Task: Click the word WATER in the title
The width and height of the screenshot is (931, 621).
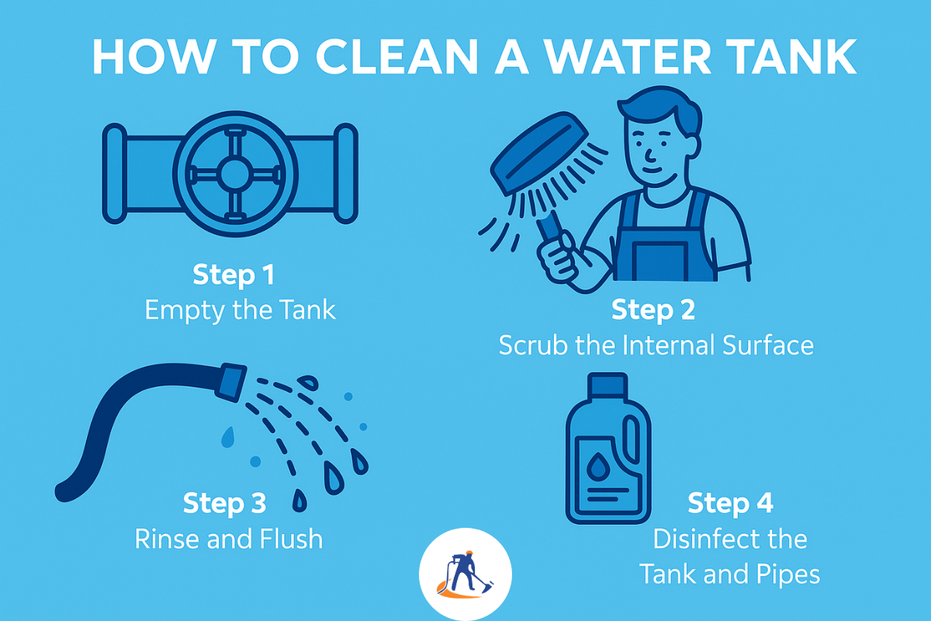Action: click(x=627, y=57)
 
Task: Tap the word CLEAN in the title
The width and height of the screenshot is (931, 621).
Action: click(x=397, y=57)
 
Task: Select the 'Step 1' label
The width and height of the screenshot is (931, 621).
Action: click(x=234, y=275)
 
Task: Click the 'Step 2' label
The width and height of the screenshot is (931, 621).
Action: click(x=653, y=310)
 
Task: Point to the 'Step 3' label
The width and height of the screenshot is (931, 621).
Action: click(x=224, y=503)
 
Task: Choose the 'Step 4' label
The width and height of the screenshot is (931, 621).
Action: click(x=730, y=503)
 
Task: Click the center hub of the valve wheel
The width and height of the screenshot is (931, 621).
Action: click(x=235, y=175)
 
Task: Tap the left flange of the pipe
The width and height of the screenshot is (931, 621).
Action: click(x=115, y=173)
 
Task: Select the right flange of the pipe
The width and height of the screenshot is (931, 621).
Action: click(x=346, y=173)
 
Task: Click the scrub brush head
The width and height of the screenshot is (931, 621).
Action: click(x=540, y=152)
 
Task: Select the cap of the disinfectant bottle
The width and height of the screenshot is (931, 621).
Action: click(x=607, y=386)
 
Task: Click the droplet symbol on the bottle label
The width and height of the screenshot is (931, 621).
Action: click(x=598, y=467)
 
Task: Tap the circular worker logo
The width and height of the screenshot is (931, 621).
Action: click(x=465, y=574)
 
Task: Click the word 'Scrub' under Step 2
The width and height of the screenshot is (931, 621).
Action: click(x=533, y=345)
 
